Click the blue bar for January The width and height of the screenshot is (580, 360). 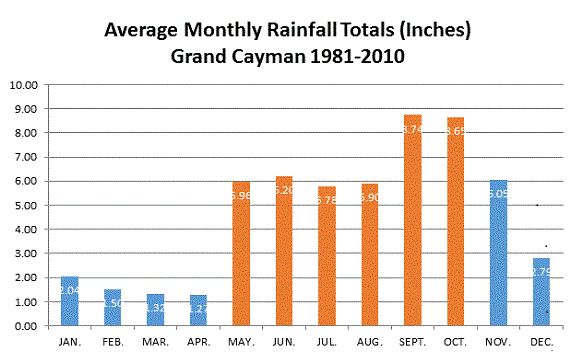[x=69, y=301]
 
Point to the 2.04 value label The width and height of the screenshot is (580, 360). [x=69, y=290]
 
